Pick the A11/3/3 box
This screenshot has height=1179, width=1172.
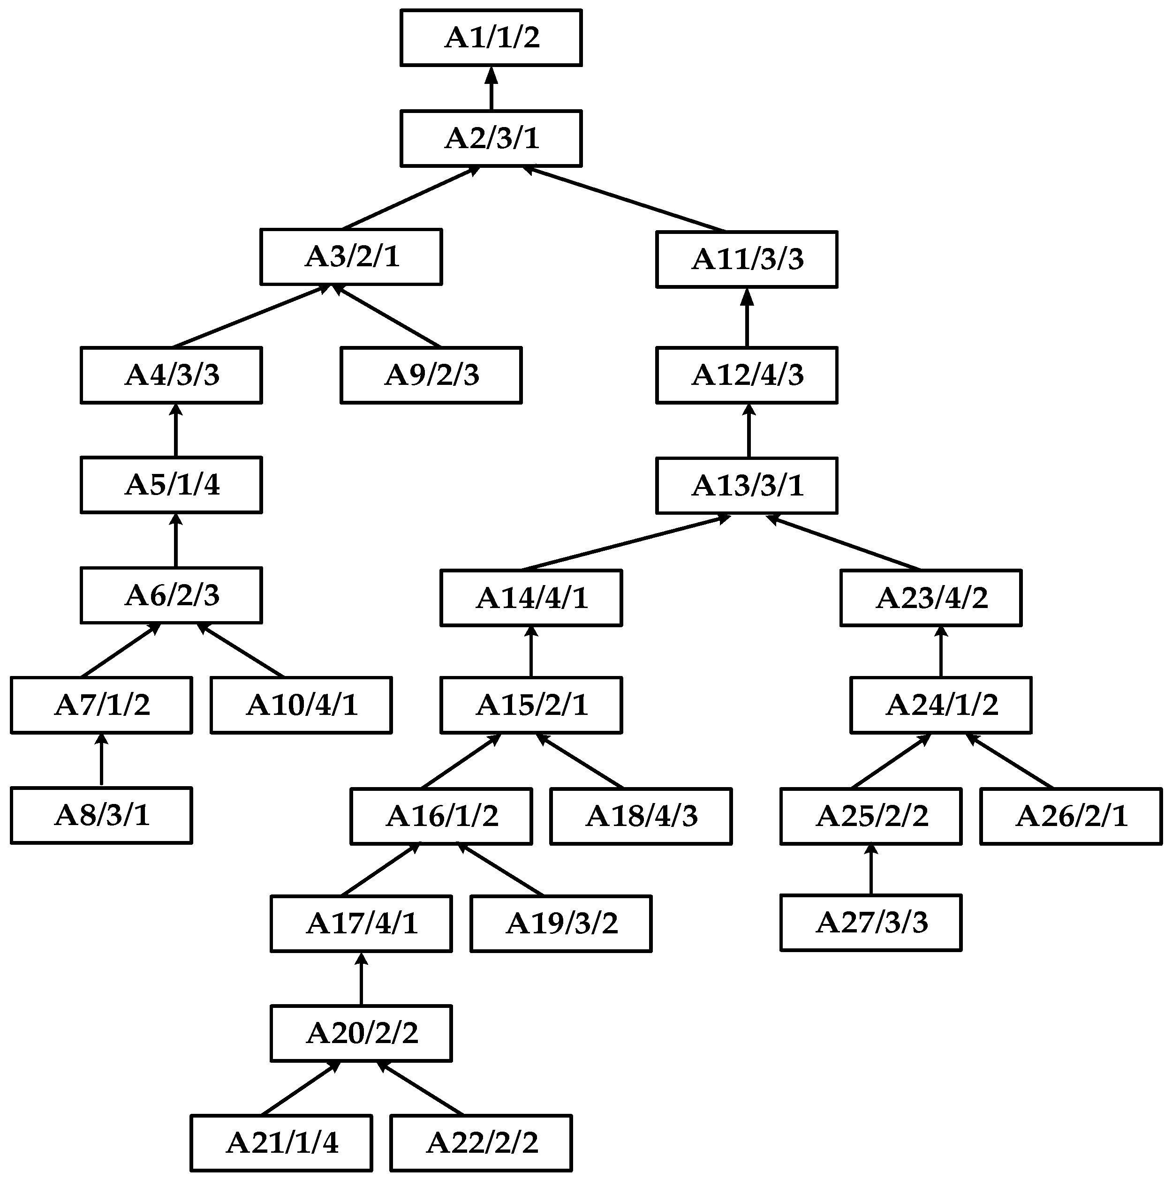[747, 259]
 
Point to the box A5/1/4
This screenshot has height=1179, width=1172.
[172, 485]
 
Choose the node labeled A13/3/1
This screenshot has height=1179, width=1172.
[747, 486]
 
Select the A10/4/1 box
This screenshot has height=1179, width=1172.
[301, 705]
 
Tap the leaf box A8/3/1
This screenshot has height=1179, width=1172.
[101, 815]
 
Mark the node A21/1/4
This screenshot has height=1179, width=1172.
[281, 1143]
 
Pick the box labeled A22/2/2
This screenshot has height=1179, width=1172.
[481, 1143]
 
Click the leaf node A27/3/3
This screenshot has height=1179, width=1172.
[871, 923]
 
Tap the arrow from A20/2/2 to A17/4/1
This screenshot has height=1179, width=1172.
[362, 979]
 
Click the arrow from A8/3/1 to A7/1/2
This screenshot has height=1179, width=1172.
[101, 760]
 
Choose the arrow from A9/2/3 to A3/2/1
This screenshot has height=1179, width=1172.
[387, 316]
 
